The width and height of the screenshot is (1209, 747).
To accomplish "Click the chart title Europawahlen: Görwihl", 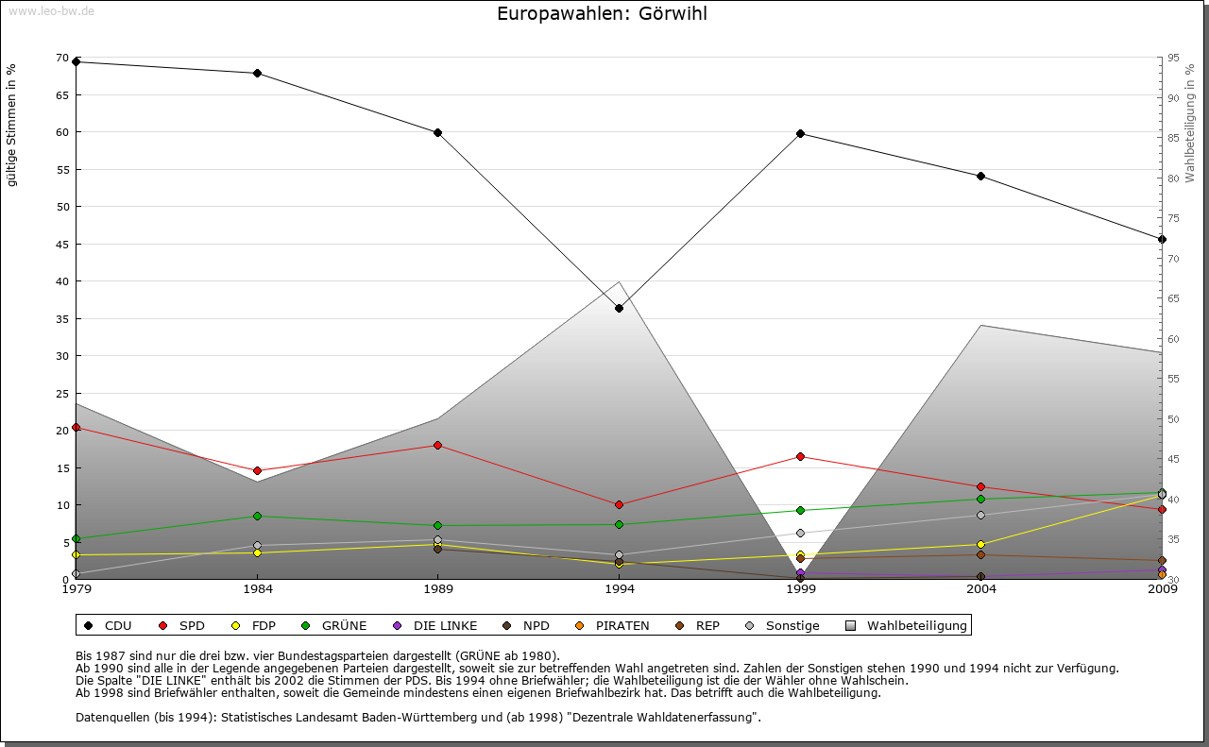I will (602, 14).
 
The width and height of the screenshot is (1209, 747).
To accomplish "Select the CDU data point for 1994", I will (619, 308).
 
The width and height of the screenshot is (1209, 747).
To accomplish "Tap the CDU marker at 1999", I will (800, 133).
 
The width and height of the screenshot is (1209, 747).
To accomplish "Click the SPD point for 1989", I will (438, 445).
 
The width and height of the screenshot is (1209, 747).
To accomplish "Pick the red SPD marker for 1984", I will (257, 470).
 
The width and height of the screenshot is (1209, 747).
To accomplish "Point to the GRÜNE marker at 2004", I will (981, 499).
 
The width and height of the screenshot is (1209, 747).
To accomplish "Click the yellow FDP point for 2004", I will (981, 544).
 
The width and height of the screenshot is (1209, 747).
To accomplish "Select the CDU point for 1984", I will (257, 73).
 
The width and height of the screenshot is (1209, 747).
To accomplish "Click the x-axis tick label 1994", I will (619, 589).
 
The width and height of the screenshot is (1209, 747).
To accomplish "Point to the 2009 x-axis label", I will (1162, 589).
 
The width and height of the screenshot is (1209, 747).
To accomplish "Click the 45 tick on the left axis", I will (62, 244).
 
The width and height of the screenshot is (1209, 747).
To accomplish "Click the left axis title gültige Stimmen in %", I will (12, 125).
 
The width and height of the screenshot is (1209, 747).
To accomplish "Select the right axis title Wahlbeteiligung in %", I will (1190, 123).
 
